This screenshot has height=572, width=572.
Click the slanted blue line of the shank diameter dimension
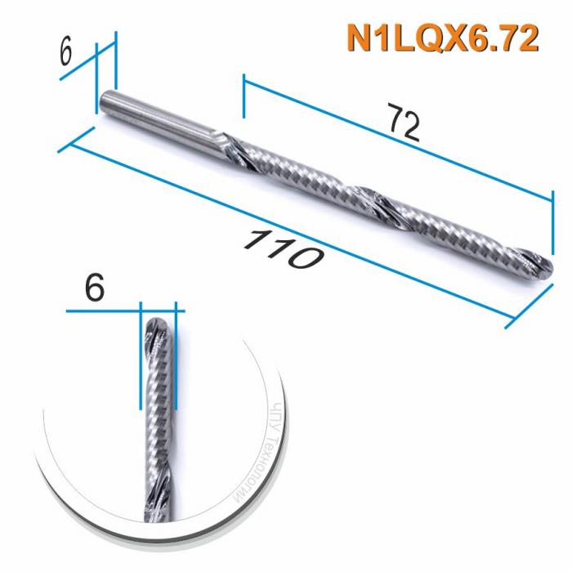coord(88,62)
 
